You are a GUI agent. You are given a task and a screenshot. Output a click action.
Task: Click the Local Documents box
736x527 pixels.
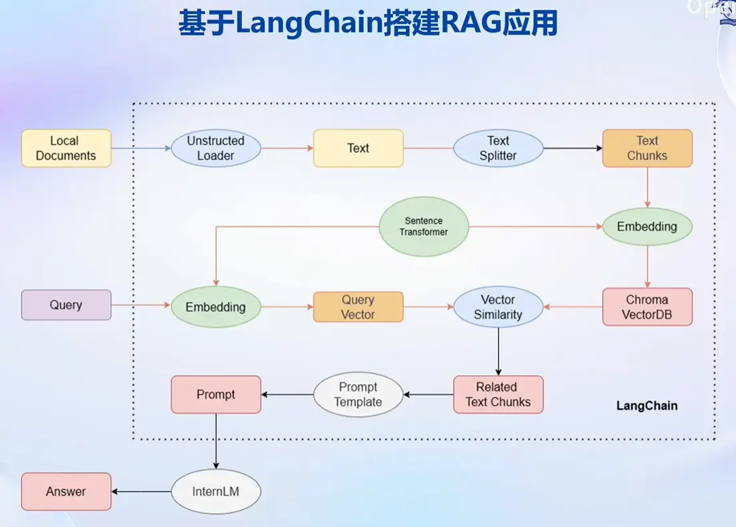pyautogui.click(x=66, y=148)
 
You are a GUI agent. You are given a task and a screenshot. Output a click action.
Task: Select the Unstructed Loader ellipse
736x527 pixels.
pyautogui.click(x=215, y=148)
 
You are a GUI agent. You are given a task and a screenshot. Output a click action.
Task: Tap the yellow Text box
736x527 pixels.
pyautogui.click(x=358, y=148)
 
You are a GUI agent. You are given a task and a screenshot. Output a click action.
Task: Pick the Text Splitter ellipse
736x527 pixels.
pyautogui.click(x=498, y=148)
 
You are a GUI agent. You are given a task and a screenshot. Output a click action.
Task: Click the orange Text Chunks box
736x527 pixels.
pyautogui.click(x=647, y=148)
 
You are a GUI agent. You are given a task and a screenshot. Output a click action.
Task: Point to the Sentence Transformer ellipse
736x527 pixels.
pyautogui.click(x=423, y=227)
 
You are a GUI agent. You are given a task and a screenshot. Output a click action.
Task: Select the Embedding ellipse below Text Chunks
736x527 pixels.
pyautogui.click(x=647, y=227)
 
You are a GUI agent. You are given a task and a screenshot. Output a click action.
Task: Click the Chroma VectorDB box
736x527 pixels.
pyautogui.click(x=647, y=307)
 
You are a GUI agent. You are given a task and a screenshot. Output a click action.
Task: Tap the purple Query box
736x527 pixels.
pyautogui.click(x=66, y=305)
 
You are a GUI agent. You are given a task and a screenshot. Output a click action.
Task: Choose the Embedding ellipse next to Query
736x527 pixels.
pyautogui.click(x=215, y=307)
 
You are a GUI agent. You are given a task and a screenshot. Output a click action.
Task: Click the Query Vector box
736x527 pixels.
pyautogui.click(x=358, y=307)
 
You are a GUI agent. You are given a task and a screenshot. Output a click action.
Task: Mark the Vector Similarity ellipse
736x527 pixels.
pyautogui.click(x=498, y=307)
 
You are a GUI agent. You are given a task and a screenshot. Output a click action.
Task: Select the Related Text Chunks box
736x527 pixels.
pyautogui.click(x=498, y=394)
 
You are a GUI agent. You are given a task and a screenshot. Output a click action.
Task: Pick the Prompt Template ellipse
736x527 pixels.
pyautogui.click(x=358, y=394)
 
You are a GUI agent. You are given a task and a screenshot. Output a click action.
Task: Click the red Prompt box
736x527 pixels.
pyautogui.click(x=215, y=394)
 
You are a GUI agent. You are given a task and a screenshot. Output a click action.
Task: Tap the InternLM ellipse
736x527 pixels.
pyautogui.click(x=215, y=492)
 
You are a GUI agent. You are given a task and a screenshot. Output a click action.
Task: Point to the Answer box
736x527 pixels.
pyautogui.click(x=66, y=492)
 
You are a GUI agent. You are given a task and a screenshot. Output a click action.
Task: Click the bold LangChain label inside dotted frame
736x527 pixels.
pyautogui.click(x=647, y=406)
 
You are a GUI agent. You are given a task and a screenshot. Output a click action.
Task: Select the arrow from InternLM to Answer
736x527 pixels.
pyautogui.click(x=141, y=492)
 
